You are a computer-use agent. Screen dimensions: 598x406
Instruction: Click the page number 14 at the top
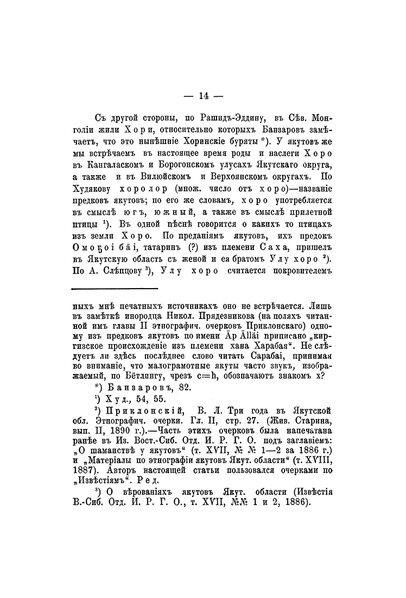coord(204,97)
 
